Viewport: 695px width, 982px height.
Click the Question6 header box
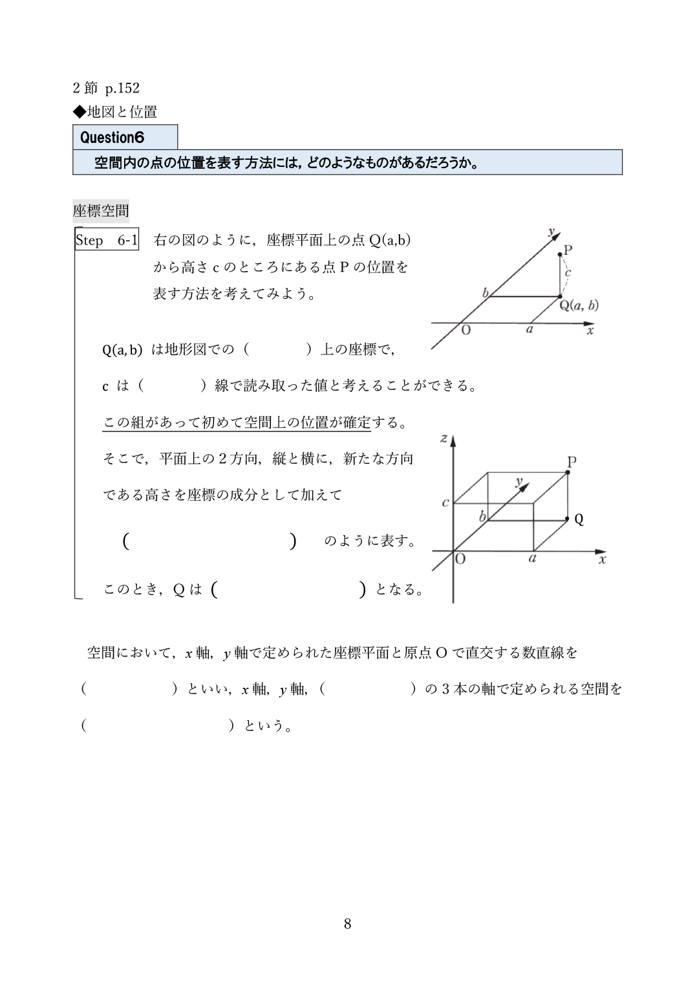(125, 137)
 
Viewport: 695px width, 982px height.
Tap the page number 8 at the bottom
(347, 924)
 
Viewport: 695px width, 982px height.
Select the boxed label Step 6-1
(107, 241)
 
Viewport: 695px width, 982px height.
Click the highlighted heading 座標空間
(101, 211)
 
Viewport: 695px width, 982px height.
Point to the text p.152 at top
(122, 87)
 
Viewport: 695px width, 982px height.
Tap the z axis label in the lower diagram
(444, 439)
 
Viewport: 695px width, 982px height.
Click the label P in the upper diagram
(568, 250)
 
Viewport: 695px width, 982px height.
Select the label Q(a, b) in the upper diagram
(579, 305)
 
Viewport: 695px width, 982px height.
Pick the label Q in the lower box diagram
(579, 519)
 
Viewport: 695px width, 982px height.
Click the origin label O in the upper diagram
(465, 330)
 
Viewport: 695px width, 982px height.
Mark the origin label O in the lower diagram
(460, 559)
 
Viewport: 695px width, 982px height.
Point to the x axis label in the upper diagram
(590, 330)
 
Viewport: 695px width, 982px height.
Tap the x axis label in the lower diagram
(602, 560)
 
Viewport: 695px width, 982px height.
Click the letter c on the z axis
(445, 503)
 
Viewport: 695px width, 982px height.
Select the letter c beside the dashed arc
(568, 272)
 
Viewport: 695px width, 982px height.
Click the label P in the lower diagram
(572, 461)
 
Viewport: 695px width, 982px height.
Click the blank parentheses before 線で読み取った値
(171, 386)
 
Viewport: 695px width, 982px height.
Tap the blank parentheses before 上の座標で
(277, 350)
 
